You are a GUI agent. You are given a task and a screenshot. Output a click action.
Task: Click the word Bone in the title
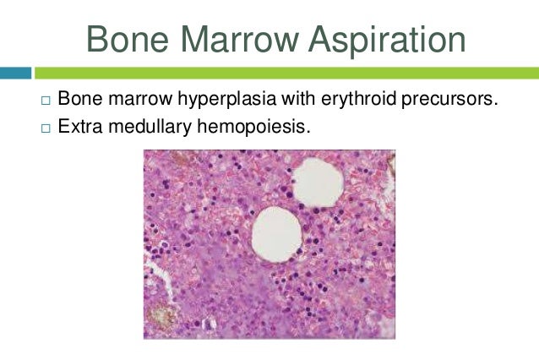[128, 39]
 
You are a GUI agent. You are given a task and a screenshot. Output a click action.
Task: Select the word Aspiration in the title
[387, 41]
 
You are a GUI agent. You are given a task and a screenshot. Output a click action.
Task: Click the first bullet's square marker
[46, 101]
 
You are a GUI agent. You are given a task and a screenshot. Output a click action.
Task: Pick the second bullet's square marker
[46, 128]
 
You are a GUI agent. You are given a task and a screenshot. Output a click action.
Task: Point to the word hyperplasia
[227, 100]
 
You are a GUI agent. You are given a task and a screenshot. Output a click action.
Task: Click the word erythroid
[358, 100]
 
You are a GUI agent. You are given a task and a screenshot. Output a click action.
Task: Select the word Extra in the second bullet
[80, 126]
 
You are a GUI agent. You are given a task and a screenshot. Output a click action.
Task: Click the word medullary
[150, 128]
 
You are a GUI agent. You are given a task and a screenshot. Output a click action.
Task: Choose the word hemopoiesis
[253, 128]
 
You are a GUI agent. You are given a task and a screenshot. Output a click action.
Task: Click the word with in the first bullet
[299, 98]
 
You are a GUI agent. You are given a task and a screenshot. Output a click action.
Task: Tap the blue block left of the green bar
[15, 73]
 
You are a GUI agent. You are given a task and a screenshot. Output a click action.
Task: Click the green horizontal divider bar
[286, 73]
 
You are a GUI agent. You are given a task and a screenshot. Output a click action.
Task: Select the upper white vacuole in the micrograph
[318, 183]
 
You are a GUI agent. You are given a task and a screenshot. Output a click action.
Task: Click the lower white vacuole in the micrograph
[277, 235]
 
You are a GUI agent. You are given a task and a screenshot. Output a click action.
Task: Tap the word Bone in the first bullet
[80, 98]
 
